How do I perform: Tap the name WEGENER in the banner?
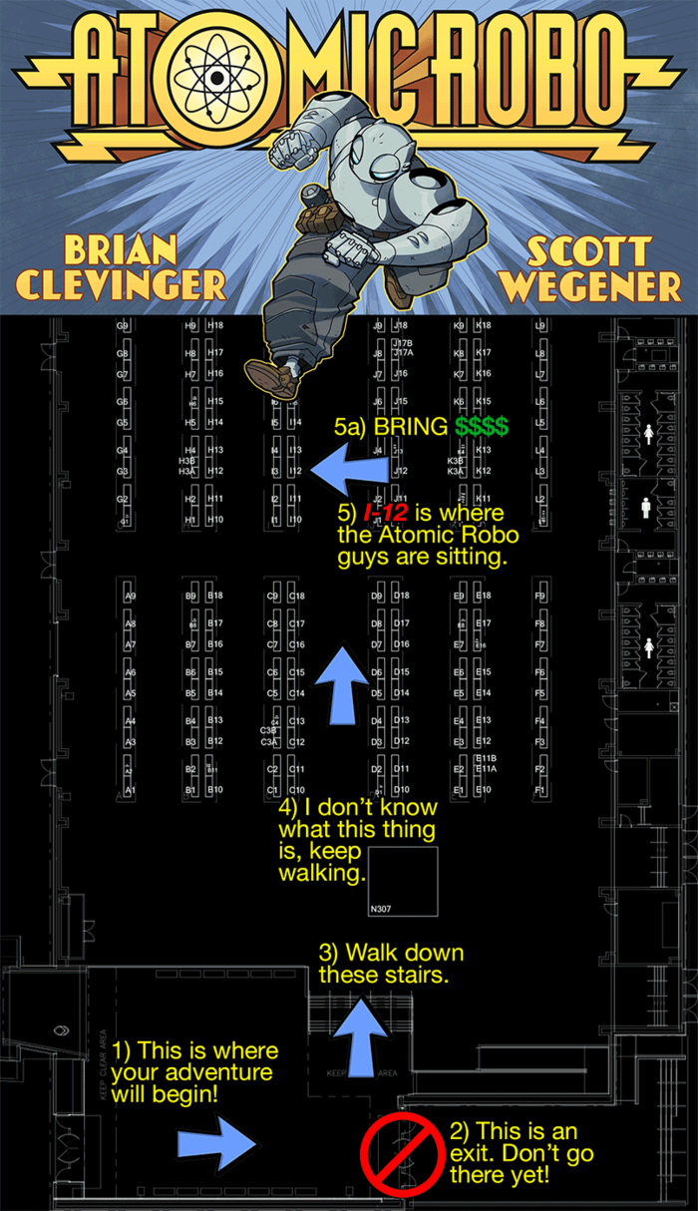[x=589, y=286]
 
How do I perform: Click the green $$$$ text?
[x=482, y=427]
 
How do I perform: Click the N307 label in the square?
[x=380, y=909]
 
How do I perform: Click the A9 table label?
[x=131, y=597]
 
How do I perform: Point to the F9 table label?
[x=540, y=597]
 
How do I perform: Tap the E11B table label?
[x=486, y=759]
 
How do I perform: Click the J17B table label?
[x=403, y=343]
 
